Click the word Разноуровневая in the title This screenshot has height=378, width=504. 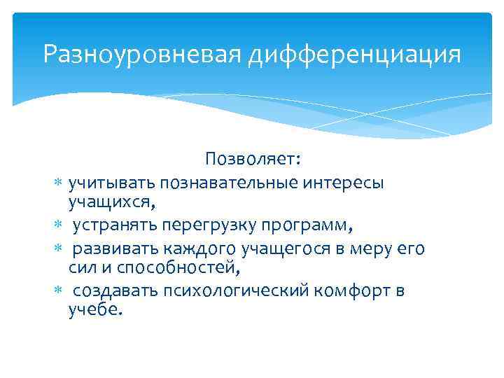point(142,54)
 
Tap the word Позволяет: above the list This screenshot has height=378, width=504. point(253,160)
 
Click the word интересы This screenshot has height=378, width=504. point(344,183)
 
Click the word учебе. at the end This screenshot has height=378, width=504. point(95,310)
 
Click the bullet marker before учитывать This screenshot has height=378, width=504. point(59,183)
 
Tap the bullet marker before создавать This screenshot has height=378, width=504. point(59,291)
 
